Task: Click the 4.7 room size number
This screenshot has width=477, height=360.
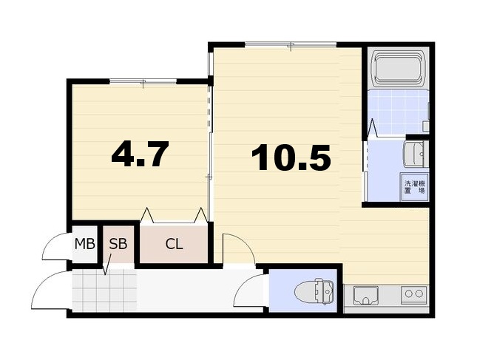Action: (x=140, y=154)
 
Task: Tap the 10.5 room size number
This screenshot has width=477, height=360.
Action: (x=291, y=157)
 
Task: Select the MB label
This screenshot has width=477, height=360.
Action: (x=85, y=244)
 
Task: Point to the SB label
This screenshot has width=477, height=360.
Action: (x=118, y=244)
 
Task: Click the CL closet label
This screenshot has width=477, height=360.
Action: (x=174, y=244)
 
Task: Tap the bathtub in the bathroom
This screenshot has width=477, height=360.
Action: (x=398, y=69)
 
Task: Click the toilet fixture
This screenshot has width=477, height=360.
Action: (x=314, y=291)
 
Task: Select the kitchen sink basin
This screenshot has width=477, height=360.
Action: (x=365, y=295)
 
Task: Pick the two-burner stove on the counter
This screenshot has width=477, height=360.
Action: (x=414, y=293)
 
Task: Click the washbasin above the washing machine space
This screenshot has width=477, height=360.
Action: (x=416, y=154)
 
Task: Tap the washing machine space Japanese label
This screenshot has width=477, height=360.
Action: (x=414, y=187)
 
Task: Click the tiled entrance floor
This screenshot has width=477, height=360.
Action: (x=104, y=291)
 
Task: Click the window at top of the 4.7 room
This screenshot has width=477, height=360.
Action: (x=143, y=81)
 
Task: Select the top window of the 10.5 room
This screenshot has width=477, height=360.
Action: (x=291, y=44)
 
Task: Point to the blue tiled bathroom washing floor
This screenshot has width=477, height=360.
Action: (x=398, y=112)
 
